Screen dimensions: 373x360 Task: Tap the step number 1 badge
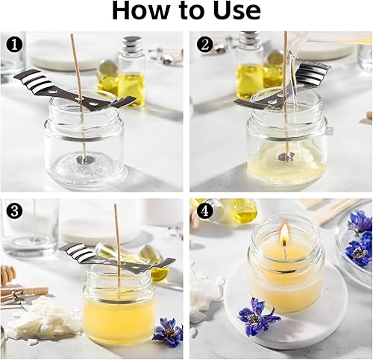coord(14,45)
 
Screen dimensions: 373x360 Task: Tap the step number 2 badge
coord(204,45)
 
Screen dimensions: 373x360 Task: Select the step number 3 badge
coord(14,212)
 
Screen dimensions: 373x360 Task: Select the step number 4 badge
coord(204,212)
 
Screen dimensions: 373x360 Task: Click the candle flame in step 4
coord(284,233)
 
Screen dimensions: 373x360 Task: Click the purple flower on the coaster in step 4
coord(257,315)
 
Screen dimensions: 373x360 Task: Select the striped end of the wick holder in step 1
coord(29,79)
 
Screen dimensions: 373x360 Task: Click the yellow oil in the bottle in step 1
coord(131,87)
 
